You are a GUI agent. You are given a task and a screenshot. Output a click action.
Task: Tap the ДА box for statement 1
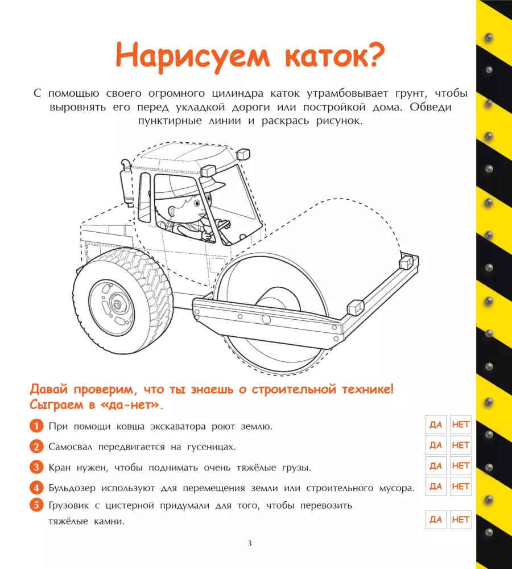(x=435, y=424)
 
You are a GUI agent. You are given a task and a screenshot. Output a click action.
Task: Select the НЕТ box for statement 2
(x=460, y=445)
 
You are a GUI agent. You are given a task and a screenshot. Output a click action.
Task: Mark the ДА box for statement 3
(x=435, y=465)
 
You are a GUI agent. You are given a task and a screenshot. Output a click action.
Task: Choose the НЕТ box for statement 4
(x=460, y=486)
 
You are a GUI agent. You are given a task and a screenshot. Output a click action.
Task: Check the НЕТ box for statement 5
(x=460, y=519)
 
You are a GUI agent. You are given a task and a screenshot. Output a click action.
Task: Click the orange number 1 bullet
(x=36, y=426)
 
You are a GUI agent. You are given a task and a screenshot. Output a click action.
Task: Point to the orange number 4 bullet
(x=36, y=488)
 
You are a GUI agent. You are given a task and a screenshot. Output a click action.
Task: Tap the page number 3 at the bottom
(x=250, y=543)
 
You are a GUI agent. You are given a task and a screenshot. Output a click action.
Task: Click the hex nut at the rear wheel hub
(x=117, y=304)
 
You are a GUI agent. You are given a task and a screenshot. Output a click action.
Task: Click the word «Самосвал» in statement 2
(x=71, y=447)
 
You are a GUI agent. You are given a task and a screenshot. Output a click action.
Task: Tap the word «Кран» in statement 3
(x=60, y=467)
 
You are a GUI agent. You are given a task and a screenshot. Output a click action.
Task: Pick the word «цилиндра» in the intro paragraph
(x=238, y=94)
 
